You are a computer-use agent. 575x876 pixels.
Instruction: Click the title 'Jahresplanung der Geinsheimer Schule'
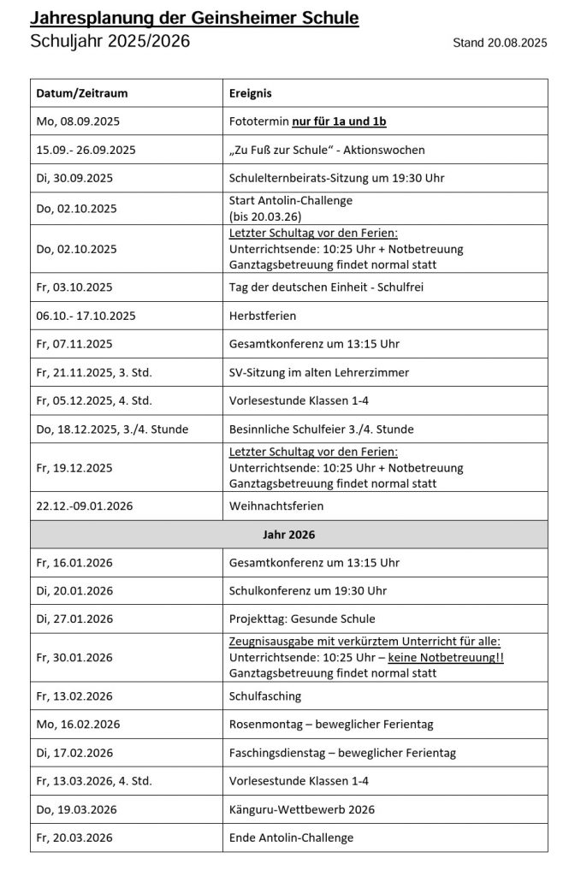click(194, 19)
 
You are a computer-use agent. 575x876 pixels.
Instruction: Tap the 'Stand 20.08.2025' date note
click(500, 42)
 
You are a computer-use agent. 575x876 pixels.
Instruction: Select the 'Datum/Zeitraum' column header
click(82, 93)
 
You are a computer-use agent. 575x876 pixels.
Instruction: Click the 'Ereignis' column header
click(251, 93)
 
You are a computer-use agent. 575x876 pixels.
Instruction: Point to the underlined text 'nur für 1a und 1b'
click(339, 121)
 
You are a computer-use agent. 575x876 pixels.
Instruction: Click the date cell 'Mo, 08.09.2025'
click(75, 121)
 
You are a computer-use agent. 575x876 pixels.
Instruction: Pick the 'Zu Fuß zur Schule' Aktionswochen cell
click(327, 150)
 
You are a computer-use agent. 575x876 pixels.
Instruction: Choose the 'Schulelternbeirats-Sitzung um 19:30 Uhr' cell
click(335, 178)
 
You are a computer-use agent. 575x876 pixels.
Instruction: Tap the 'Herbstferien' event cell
click(263, 316)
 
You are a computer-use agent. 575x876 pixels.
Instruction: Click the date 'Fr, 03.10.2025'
click(74, 287)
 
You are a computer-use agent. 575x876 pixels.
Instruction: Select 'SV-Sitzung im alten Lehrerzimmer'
click(319, 372)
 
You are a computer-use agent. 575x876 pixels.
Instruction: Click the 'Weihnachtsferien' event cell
click(276, 506)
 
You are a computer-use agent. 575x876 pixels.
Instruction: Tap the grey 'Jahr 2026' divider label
click(288, 535)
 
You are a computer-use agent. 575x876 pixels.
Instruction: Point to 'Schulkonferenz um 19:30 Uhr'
click(308, 590)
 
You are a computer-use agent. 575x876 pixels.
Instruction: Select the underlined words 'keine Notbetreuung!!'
click(446, 657)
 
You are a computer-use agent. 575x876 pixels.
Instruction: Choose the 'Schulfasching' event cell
click(265, 696)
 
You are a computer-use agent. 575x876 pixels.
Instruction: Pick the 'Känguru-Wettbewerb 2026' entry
click(302, 809)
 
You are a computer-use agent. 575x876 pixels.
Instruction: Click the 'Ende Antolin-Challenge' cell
click(291, 838)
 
